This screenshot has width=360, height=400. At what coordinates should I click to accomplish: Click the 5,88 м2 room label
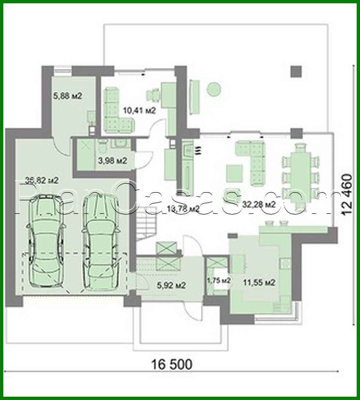click(x=67, y=96)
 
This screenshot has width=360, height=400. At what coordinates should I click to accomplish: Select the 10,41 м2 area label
click(x=140, y=110)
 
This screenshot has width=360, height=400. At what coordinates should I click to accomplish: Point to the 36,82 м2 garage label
click(x=42, y=180)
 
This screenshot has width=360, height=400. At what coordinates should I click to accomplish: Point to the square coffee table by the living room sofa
click(x=234, y=173)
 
